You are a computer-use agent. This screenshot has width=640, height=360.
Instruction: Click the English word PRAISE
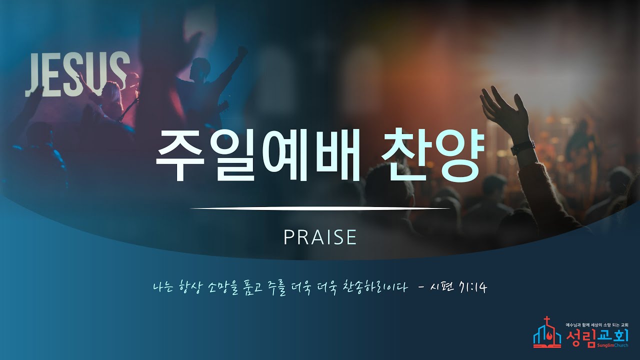pyautogui.click(x=320, y=237)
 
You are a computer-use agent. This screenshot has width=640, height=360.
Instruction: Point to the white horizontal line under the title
pyautogui.click(x=320, y=208)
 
